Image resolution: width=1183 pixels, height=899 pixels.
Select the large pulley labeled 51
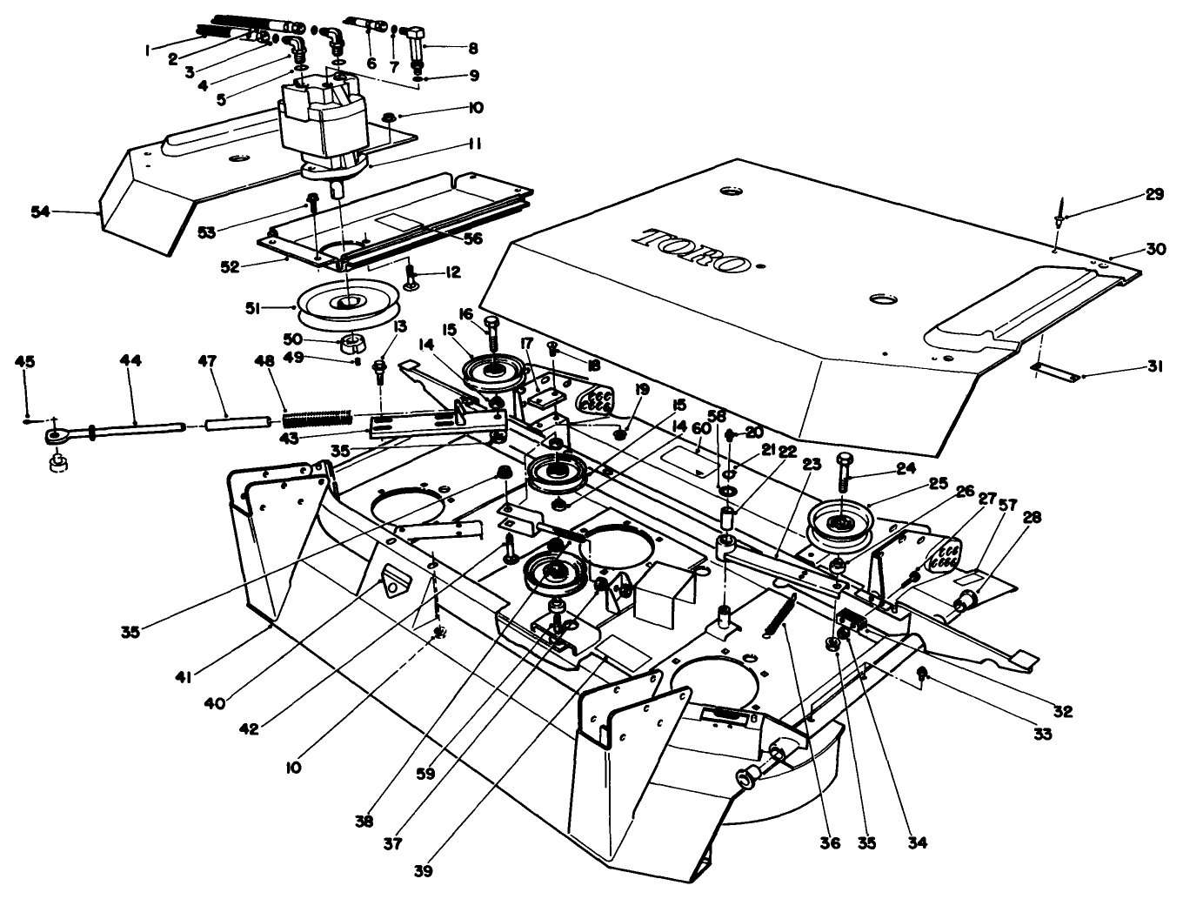[x=348, y=303]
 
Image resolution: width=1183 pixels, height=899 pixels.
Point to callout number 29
[x=1153, y=195]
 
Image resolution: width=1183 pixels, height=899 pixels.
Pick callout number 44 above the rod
[x=135, y=359]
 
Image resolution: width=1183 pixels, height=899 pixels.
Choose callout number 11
[x=474, y=143]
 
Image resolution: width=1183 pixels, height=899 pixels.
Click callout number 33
[x=1043, y=733]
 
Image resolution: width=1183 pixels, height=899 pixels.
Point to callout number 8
[x=473, y=49]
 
